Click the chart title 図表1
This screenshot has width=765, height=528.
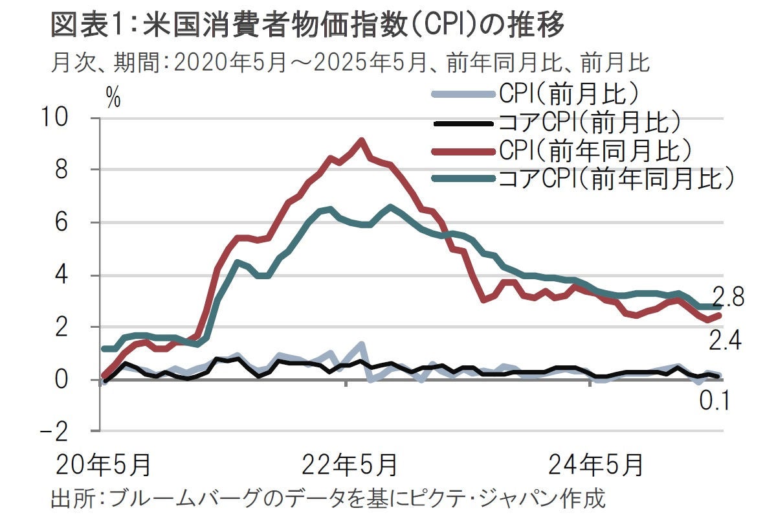(x=307, y=26)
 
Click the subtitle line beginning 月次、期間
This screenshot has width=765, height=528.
(x=349, y=63)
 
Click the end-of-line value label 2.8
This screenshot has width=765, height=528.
(x=728, y=298)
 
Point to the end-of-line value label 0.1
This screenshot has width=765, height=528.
(x=714, y=402)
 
